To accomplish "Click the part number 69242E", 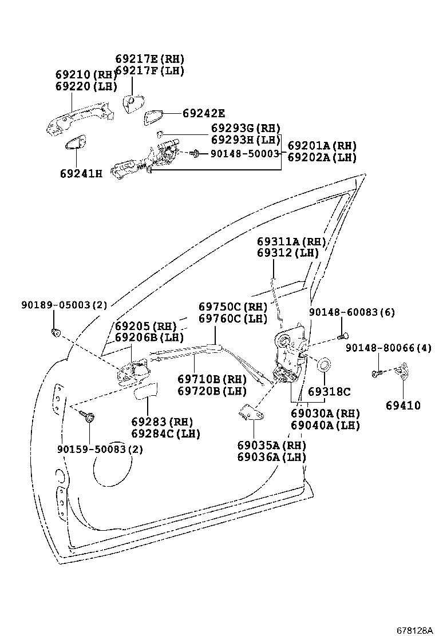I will coord(204,113).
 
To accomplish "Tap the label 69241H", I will coord(81,173).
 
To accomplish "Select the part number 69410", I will coord(402,406).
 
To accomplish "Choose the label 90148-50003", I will coord(244,153).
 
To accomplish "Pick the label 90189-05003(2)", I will coord(56,305).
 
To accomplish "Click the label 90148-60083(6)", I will coord(351,312).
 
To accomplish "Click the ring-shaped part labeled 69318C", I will coord(323,364).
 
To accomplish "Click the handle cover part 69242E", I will coord(153,117).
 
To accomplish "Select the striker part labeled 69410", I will coord(402,372).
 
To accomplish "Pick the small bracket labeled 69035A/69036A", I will coord(247,412).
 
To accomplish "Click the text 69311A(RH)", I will coord(291,241).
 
